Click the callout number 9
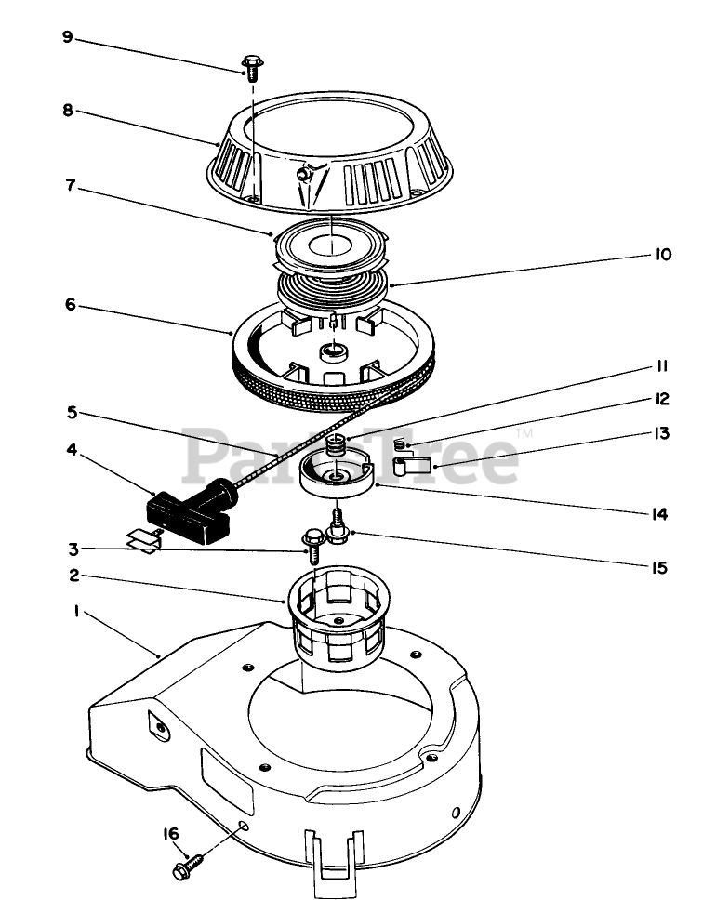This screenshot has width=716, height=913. pyautogui.click(x=66, y=36)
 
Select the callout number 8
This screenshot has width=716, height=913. pyautogui.click(x=66, y=109)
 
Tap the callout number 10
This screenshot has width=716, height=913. pyautogui.click(x=662, y=254)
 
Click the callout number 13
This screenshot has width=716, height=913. pyautogui.click(x=662, y=433)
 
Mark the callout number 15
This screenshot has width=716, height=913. pyautogui.click(x=660, y=565)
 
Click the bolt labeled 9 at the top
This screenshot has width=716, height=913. pyautogui.click(x=251, y=68)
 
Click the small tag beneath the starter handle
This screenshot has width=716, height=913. pyautogui.click(x=143, y=537)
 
